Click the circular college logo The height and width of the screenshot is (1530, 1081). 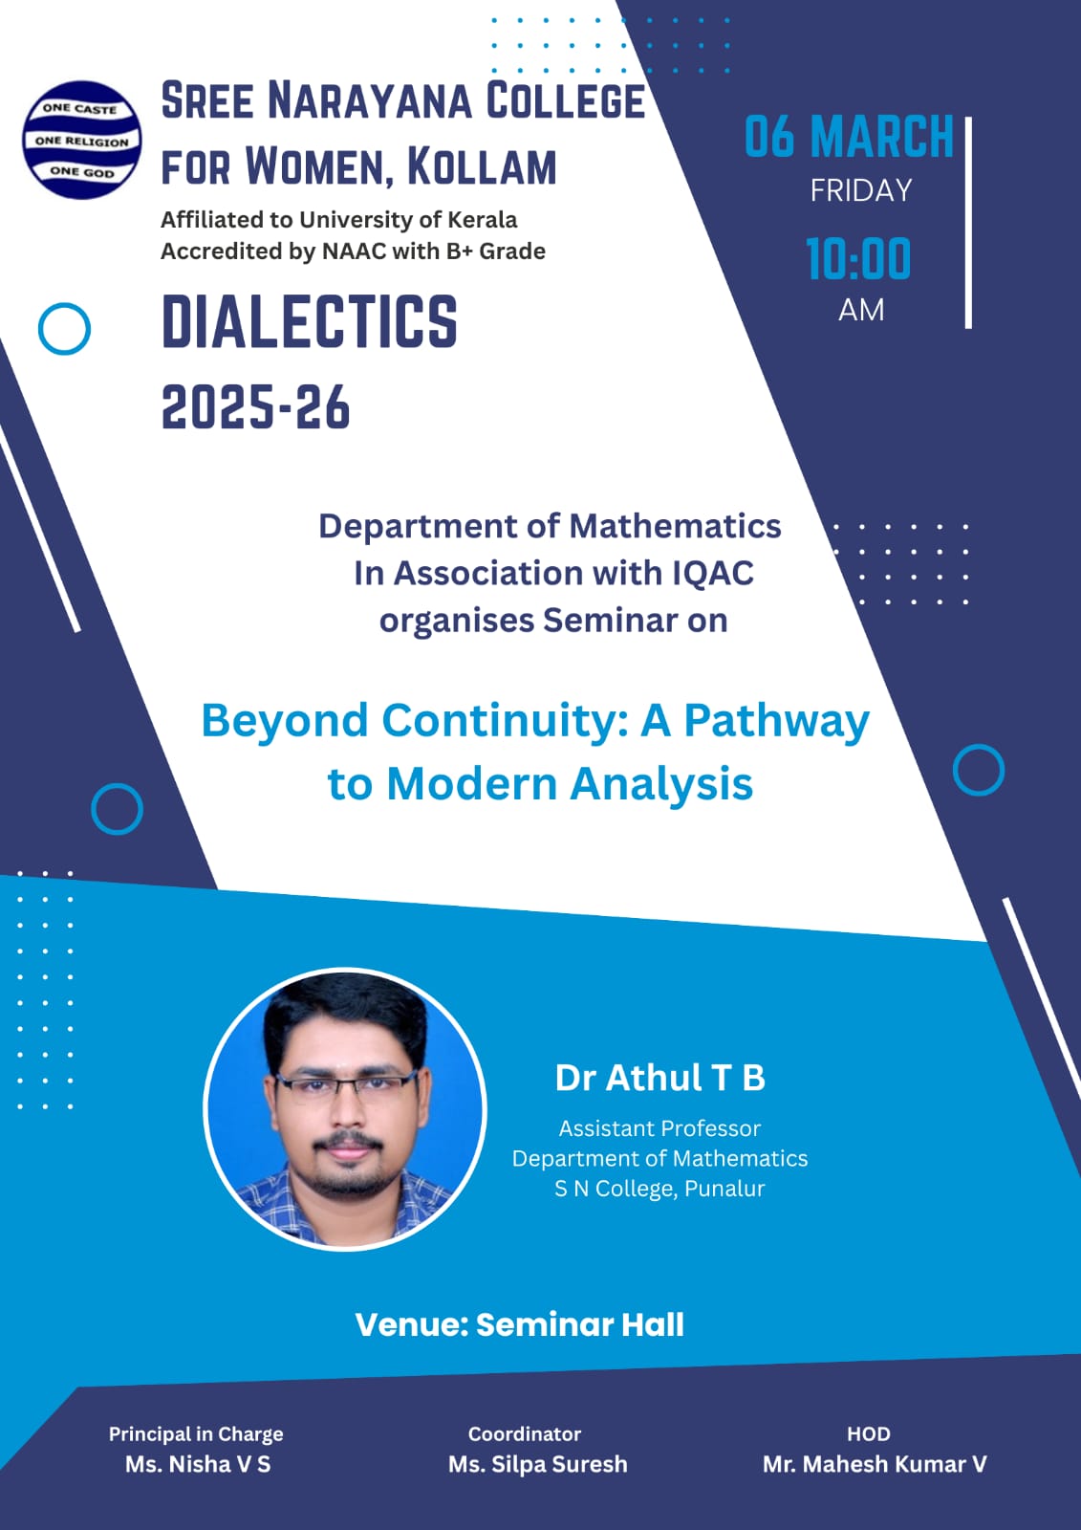click(x=82, y=140)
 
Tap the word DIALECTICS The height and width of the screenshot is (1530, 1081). click(x=309, y=321)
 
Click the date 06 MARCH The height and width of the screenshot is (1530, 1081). click(x=849, y=137)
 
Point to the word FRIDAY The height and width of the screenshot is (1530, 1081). click(x=860, y=191)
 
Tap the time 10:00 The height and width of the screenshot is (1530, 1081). click(x=858, y=259)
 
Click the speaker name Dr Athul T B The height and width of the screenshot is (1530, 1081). click(x=659, y=1078)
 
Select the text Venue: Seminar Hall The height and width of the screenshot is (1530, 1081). click(x=519, y=1324)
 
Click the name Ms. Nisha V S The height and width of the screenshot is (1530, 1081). click(x=197, y=1464)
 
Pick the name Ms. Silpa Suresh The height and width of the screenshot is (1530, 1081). click(x=537, y=1464)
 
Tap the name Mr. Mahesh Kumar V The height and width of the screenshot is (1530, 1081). click(x=874, y=1464)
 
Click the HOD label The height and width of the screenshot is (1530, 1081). click(x=868, y=1433)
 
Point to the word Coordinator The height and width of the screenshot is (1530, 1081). click(x=524, y=1433)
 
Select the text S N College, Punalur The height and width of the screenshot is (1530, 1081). click(x=659, y=1189)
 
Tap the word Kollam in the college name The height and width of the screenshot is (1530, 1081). click(x=481, y=166)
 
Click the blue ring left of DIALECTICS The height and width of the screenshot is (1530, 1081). click(x=64, y=329)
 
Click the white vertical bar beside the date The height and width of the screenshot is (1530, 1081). click(x=968, y=223)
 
